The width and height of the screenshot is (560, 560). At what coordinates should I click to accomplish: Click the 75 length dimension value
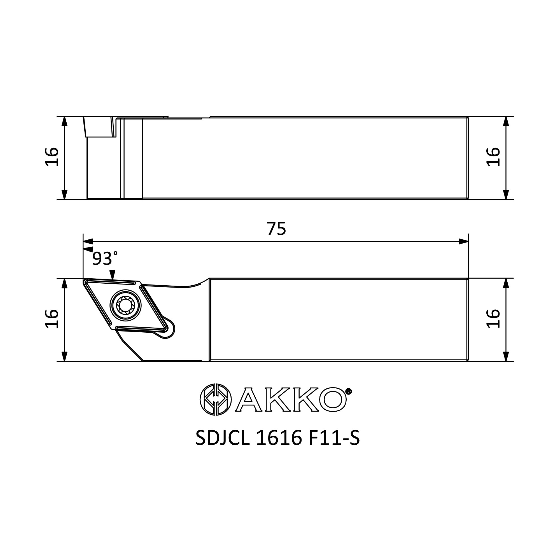276,229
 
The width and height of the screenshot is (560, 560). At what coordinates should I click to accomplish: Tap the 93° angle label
105,258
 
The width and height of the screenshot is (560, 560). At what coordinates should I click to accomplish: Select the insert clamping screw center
125,305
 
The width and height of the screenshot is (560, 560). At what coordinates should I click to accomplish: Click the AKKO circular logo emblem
216,400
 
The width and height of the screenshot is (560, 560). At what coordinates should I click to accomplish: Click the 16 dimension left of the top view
52,157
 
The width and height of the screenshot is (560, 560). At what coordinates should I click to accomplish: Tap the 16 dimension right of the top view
493,157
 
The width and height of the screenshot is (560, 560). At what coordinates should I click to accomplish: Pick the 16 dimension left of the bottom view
52,319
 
